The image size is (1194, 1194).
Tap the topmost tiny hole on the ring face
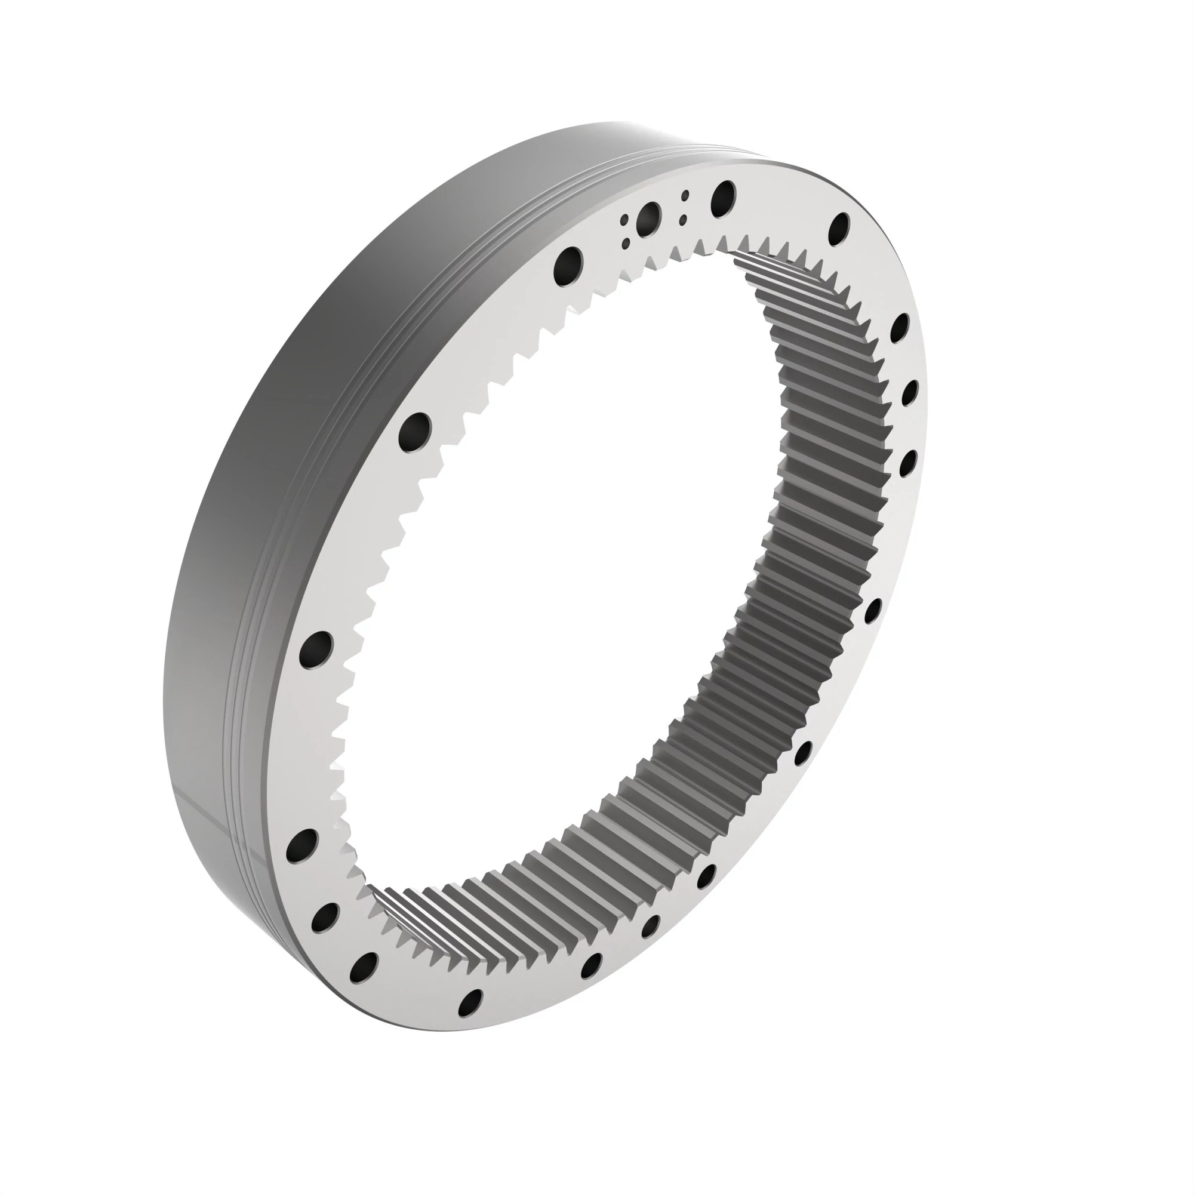[x=685, y=195]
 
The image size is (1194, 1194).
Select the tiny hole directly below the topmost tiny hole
[x=682, y=219]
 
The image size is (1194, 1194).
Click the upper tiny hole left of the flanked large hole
[x=625, y=221]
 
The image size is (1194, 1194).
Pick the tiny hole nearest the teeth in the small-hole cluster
[x=626, y=244]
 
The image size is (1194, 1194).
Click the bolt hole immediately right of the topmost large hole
[x=841, y=230]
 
